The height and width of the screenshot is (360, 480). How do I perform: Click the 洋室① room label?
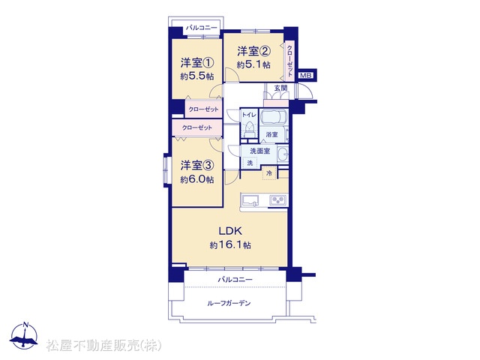[x=196, y=63]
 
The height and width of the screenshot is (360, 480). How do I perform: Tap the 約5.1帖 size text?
[x=253, y=65]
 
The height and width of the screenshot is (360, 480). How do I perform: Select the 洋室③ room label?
[x=196, y=165]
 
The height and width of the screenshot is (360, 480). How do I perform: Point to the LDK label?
[x=230, y=231]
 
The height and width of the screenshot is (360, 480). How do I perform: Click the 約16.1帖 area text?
[x=230, y=245]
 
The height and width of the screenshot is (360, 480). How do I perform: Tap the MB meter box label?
[x=305, y=75]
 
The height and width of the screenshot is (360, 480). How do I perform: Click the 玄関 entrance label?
[x=280, y=88]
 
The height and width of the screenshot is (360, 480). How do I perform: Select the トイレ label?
[x=249, y=115]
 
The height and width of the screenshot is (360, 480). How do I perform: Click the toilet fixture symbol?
[x=250, y=129]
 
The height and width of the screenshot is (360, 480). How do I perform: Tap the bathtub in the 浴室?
[x=273, y=117]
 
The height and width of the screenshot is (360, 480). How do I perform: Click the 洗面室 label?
[x=260, y=151]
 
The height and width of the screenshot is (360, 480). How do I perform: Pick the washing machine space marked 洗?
[x=250, y=163]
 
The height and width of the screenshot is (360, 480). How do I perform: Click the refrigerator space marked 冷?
[x=269, y=173]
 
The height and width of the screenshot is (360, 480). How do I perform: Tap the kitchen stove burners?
[x=278, y=200]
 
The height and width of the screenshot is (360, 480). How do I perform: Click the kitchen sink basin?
[x=250, y=200]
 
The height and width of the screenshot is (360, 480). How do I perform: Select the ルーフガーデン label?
[x=229, y=303]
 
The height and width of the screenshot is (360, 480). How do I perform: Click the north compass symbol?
[x=24, y=336]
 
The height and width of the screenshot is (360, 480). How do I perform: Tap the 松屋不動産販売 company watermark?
[x=103, y=346]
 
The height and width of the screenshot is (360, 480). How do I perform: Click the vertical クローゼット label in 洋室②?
[x=289, y=61]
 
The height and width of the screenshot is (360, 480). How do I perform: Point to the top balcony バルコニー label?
[x=202, y=28]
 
